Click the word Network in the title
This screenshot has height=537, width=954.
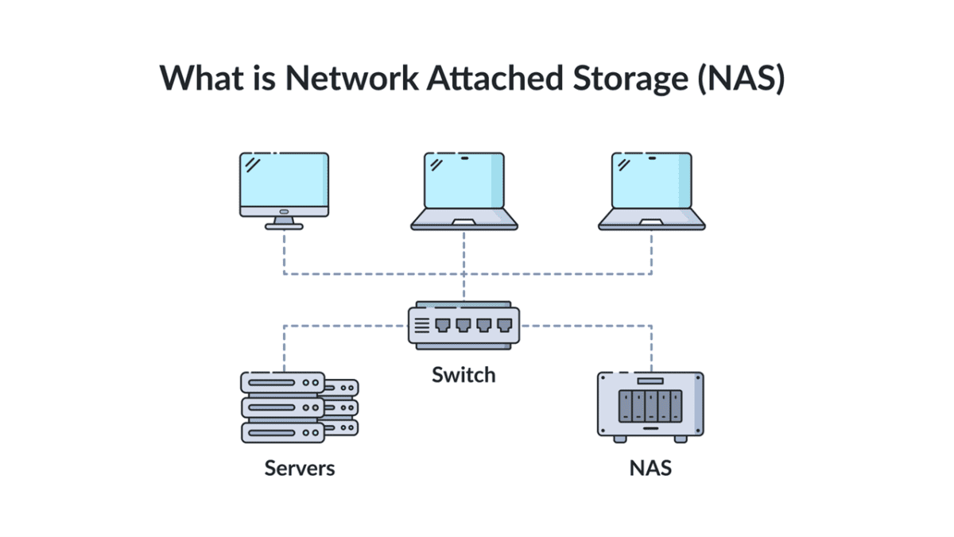coord(351,78)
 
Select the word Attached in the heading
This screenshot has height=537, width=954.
coord(494,78)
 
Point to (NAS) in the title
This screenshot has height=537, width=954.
coord(742,79)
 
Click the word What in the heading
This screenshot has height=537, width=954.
coord(201,78)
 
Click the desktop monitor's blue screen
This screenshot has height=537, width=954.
coord(284,180)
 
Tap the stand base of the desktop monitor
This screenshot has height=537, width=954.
coord(284,226)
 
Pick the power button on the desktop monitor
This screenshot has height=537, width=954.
coord(284,211)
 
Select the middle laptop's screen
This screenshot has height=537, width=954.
coord(464,181)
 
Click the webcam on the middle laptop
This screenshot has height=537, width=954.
coord(464,158)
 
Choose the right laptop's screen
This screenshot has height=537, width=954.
coord(652,181)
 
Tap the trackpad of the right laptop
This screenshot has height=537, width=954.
coord(652,222)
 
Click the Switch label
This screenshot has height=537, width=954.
coord(463,375)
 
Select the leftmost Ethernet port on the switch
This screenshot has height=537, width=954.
coord(443,326)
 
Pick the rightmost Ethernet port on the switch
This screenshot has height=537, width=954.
coord(505,326)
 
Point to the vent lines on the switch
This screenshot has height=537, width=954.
coord(422,326)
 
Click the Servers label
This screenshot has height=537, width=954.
coord(300,468)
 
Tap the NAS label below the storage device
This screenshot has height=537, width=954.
coord(651,468)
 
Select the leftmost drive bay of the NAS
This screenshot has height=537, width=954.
coord(625,407)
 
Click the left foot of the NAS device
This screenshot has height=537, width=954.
coord(620,439)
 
